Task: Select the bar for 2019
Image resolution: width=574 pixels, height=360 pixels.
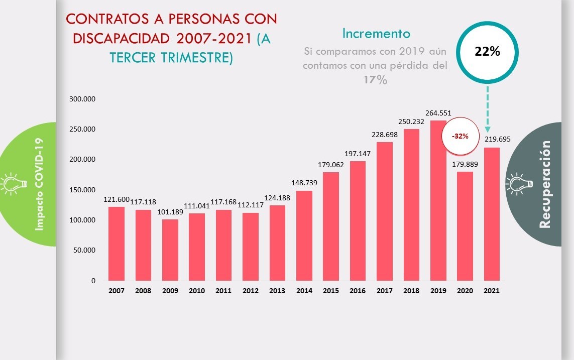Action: pos(438,200)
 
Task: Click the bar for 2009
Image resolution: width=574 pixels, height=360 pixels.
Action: pos(170,250)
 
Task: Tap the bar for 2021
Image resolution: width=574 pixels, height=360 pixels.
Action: pos(492,214)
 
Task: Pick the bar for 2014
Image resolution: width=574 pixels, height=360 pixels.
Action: pos(304,235)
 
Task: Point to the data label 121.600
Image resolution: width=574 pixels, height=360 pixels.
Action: pos(117,199)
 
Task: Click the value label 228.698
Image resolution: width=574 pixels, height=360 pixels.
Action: pos(385,135)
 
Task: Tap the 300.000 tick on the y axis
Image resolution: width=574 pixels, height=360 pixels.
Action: pos(83,99)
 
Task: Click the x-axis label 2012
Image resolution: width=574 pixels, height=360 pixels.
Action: pos(250,291)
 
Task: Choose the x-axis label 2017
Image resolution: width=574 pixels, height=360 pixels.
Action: pos(385,291)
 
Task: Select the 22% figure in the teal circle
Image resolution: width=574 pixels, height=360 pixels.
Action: pos(487,51)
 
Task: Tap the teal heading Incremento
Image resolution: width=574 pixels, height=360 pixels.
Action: pos(376,34)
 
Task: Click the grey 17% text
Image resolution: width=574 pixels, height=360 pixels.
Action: pos(375,80)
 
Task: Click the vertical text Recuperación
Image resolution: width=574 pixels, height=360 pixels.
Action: pos(545,184)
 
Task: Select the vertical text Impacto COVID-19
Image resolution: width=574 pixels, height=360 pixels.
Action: pos(40,184)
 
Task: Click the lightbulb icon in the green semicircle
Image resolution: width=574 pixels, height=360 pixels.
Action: pos(11,184)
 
